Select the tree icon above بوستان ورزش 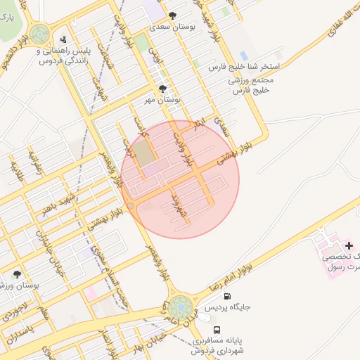point(17,274)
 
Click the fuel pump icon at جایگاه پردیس point(226,297)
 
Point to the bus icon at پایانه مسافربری point(216,330)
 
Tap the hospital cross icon point(349,245)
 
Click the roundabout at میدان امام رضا point(180,307)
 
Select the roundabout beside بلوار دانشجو point(40,33)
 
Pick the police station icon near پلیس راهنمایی point(65,39)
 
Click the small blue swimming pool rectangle point(243,56)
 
